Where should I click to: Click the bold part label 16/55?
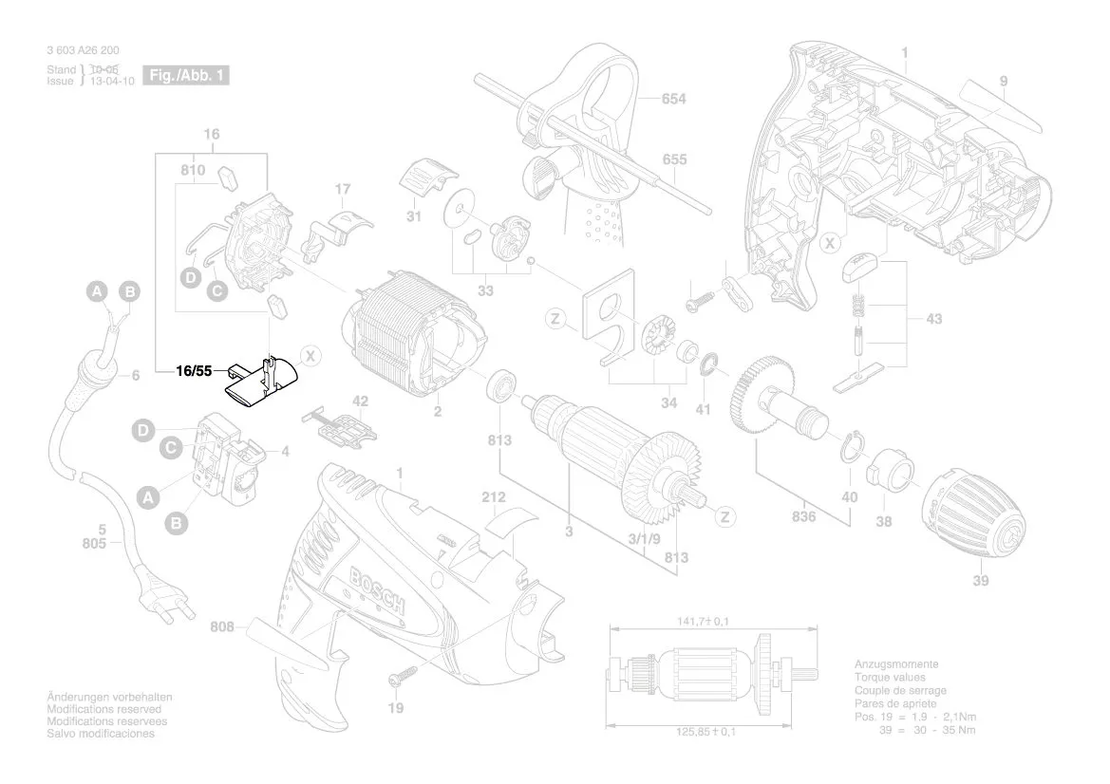point(194,372)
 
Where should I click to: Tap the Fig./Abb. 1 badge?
point(185,75)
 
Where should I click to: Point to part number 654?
point(673,99)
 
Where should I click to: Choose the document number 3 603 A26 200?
point(83,50)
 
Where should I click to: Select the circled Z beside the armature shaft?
point(724,517)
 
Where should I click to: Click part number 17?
point(343,190)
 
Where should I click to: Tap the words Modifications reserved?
point(104,710)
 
